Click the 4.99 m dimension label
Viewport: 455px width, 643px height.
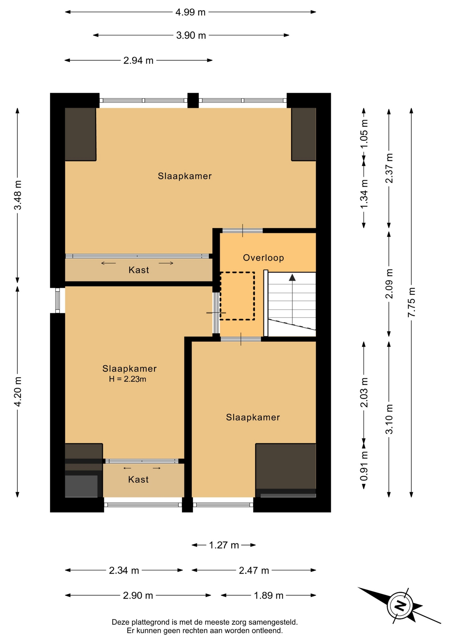point(190,12)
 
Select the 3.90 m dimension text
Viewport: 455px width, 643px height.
point(191,35)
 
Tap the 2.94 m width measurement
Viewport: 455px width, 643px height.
point(138,61)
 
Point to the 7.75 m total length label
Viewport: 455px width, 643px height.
point(411,302)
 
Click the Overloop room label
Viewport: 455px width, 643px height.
point(263,258)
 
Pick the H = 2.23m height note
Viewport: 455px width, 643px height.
point(128,379)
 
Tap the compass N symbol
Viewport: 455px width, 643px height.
point(400,606)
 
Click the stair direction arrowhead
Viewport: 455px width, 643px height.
point(292,277)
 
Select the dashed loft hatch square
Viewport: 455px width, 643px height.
point(237,296)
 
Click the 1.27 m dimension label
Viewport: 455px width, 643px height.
point(224,545)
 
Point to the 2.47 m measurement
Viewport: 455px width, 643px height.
point(254,570)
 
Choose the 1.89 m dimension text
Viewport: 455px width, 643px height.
point(269,595)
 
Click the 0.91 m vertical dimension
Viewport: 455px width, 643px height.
point(364,466)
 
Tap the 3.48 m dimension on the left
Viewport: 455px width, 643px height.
point(18,195)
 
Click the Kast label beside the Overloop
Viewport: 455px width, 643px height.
point(139,270)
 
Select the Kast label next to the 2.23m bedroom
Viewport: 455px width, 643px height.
point(138,480)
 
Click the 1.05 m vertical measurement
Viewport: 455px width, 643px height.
point(364,134)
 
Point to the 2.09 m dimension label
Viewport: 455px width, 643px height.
point(389,284)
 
